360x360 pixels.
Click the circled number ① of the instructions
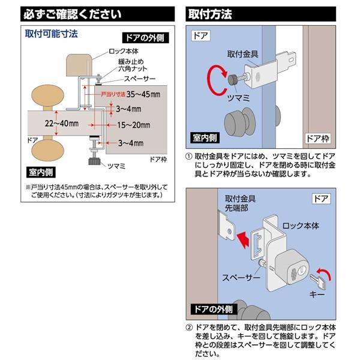(189, 156)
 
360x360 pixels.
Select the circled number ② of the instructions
(189, 329)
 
